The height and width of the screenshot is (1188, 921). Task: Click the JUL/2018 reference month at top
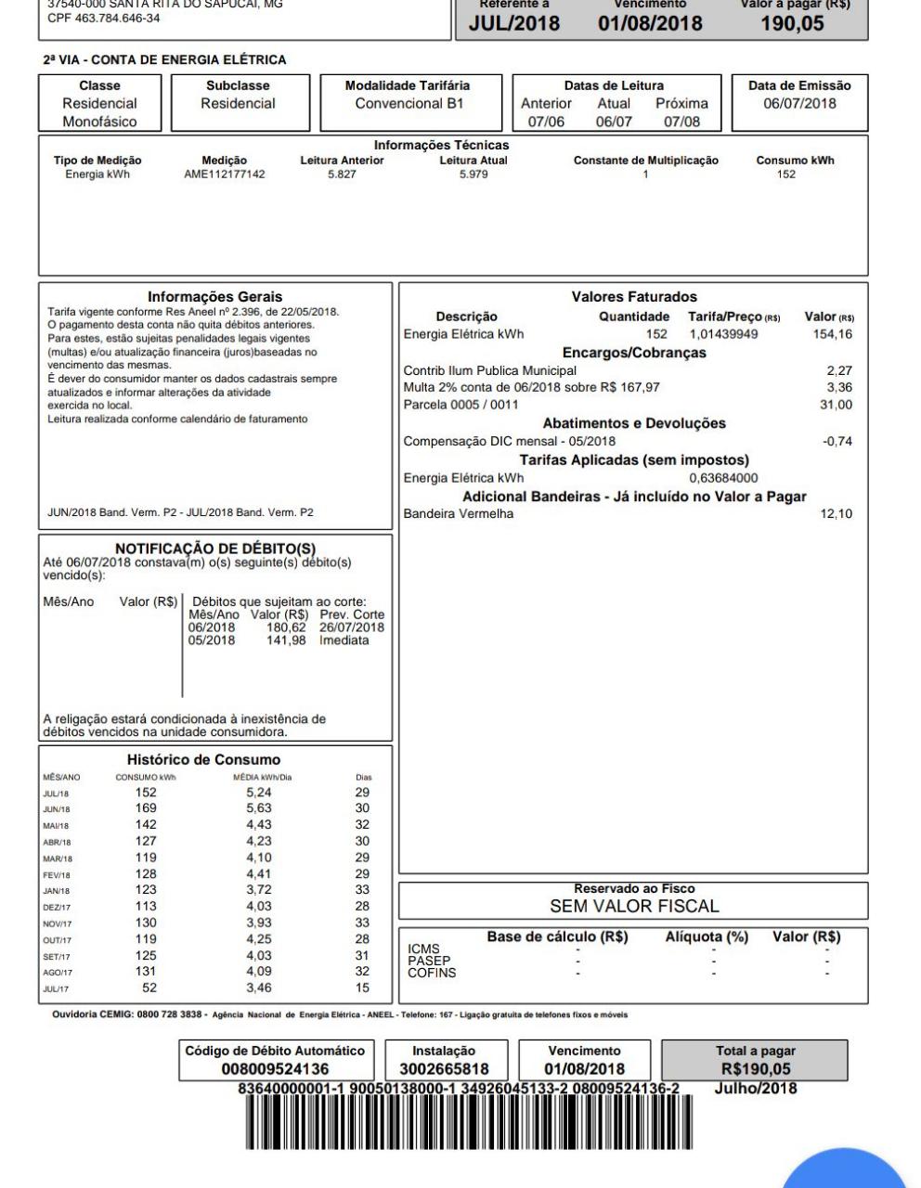[x=513, y=23]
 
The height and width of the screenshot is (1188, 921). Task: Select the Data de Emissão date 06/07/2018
[x=799, y=104]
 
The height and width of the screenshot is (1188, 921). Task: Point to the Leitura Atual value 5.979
[x=473, y=174]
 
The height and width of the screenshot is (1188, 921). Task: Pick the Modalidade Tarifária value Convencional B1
[x=409, y=104]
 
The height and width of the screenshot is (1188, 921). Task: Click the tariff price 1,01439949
[x=723, y=334]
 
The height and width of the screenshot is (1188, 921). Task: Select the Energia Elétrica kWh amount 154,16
[x=832, y=334]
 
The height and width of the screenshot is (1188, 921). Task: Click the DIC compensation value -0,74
[x=837, y=441]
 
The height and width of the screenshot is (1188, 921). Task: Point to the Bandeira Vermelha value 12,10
[x=836, y=513]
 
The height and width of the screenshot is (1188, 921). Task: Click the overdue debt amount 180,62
[x=286, y=627]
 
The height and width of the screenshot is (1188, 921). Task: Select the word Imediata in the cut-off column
[x=344, y=640]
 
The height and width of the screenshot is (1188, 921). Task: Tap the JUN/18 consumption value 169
[x=146, y=808]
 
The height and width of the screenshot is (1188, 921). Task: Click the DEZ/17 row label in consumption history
[x=57, y=907]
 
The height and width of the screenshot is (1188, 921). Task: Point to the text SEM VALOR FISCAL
[x=634, y=906]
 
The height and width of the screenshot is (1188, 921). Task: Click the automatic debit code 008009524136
[x=275, y=1069]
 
